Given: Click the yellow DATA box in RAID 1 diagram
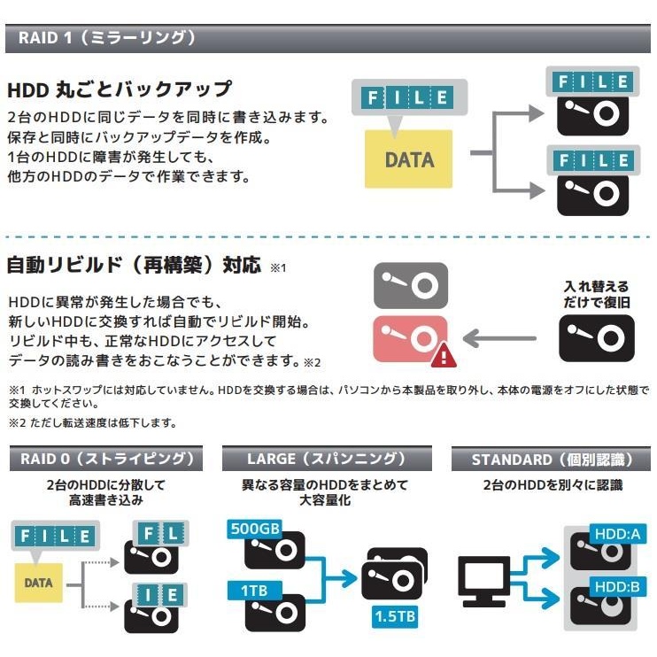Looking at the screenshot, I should (x=408, y=159).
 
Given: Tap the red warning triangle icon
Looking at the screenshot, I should (x=444, y=355).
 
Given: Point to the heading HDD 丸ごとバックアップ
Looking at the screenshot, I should (x=120, y=89).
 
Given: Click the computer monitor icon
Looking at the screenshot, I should (x=483, y=581).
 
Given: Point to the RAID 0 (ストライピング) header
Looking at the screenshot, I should (x=104, y=460).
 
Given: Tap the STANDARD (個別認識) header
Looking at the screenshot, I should (x=552, y=460).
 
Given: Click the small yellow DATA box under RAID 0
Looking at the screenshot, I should (x=38, y=583).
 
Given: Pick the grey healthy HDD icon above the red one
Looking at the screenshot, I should (x=410, y=285).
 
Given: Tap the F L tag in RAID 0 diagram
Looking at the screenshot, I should (x=158, y=533).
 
